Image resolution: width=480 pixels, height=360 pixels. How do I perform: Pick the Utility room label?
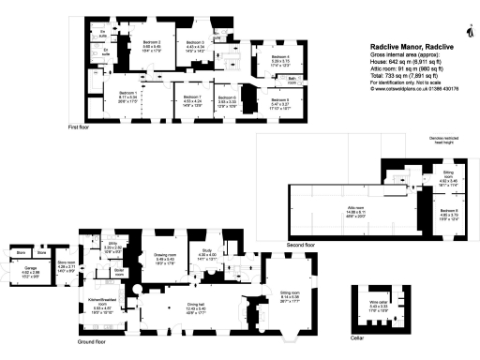112,246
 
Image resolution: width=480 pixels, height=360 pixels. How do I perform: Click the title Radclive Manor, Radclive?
410,44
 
